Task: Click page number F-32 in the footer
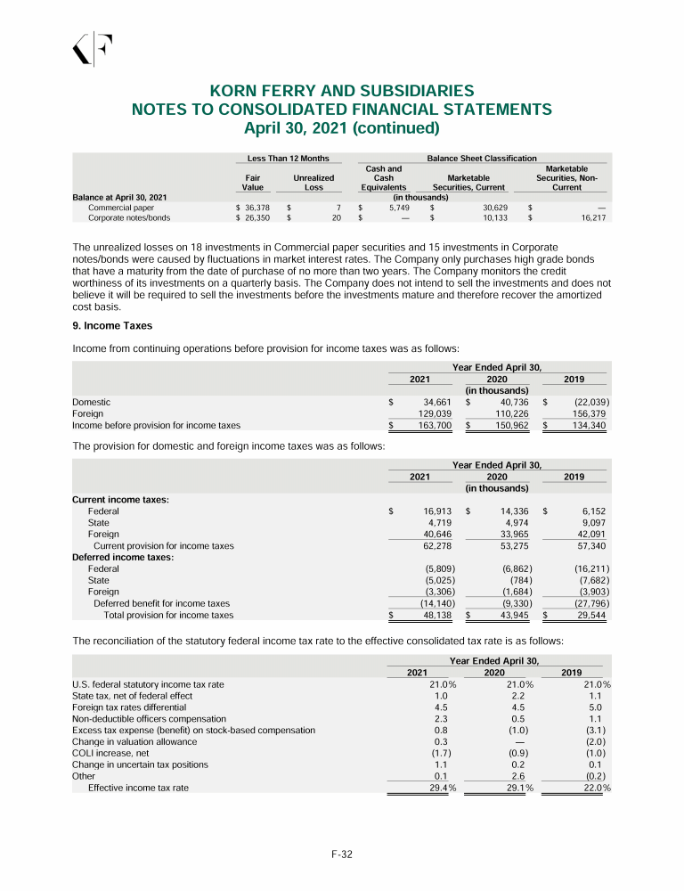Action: pos(342,854)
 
